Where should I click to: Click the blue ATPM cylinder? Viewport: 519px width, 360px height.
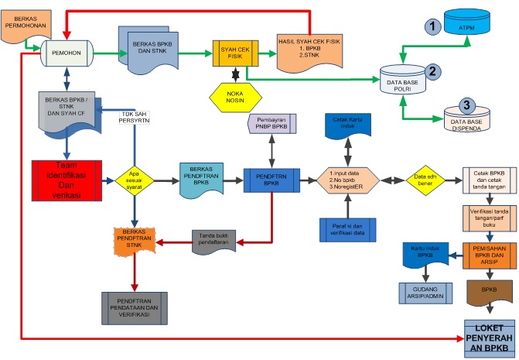point(466,29)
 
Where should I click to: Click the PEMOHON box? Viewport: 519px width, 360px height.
point(67,53)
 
